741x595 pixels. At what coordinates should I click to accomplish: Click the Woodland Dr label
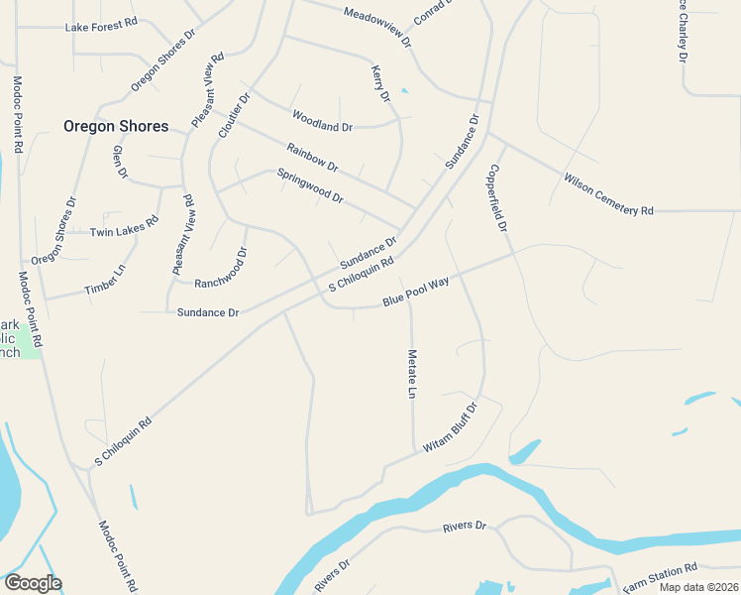(322, 126)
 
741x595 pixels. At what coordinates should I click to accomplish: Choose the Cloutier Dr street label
(234, 115)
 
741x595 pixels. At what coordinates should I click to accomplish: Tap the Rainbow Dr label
(313, 159)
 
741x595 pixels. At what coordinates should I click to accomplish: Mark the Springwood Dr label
(310, 184)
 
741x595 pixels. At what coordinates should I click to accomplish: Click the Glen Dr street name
(120, 162)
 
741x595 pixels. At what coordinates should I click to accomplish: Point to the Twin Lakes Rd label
(124, 227)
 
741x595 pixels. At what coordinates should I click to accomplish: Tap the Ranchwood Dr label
(221, 269)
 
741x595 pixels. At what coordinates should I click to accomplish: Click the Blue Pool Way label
(417, 294)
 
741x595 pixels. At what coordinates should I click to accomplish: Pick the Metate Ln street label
(411, 373)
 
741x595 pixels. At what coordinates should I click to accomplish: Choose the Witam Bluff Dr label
(451, 428)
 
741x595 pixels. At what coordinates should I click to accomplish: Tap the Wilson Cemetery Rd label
(609, 194)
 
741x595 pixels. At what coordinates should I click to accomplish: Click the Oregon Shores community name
(116, 126)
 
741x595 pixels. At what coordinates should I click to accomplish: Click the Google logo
(33, 583)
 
